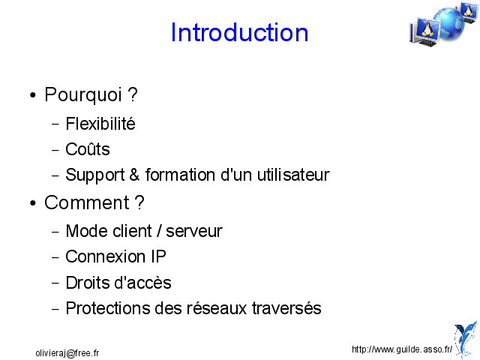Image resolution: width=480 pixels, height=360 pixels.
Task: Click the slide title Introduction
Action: pyautogui.click(x=239, y=32)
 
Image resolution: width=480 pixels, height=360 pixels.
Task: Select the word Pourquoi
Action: pyautogui.click(x=83, y=95)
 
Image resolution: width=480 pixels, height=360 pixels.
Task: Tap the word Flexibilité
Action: pyautogui.click(x=100, y=124)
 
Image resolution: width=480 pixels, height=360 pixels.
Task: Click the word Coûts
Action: pyautogui.click(x=88, y=149)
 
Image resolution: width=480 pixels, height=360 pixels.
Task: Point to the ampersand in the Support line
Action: pyautogui.click(x=135, y=175)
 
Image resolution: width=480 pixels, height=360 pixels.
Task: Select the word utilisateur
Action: pyautogui.click(x=293, y=175)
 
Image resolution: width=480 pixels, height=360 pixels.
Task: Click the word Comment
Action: pyautogui.click(x=87, y=202)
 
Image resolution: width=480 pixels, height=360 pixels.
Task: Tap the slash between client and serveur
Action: pyautogui.click(x=159, y=231)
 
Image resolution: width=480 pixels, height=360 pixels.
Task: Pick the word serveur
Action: pyautogui.click(x=194, y=232)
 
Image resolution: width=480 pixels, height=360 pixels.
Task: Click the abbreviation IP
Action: pyautogui.click(x=158, y=256)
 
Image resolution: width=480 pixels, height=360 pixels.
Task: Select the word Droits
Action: pyautogui.click(x=88, y=283)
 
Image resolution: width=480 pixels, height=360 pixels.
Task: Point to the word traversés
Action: pyautogui.click(x=286, y=308)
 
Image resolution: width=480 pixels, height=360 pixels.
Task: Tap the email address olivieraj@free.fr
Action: pyautogui.click(x=67, y=353)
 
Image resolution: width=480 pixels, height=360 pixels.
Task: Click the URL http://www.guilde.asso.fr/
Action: pyautogui.click(x=402, y=349)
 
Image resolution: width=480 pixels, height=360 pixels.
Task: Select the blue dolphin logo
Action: pyautogui.click(x=465, y=339)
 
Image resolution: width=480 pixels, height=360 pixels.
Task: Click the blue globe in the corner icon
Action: pyautogui.click(x=448, y=25)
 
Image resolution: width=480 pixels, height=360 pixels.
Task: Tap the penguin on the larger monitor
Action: pyautogui.click(x=427, y=30)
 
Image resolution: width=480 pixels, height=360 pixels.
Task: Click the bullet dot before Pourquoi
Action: pyautogui.click(x=33, y=95)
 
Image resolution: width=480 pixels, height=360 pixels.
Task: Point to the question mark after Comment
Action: pyautogui.click(x=139, y=202)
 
